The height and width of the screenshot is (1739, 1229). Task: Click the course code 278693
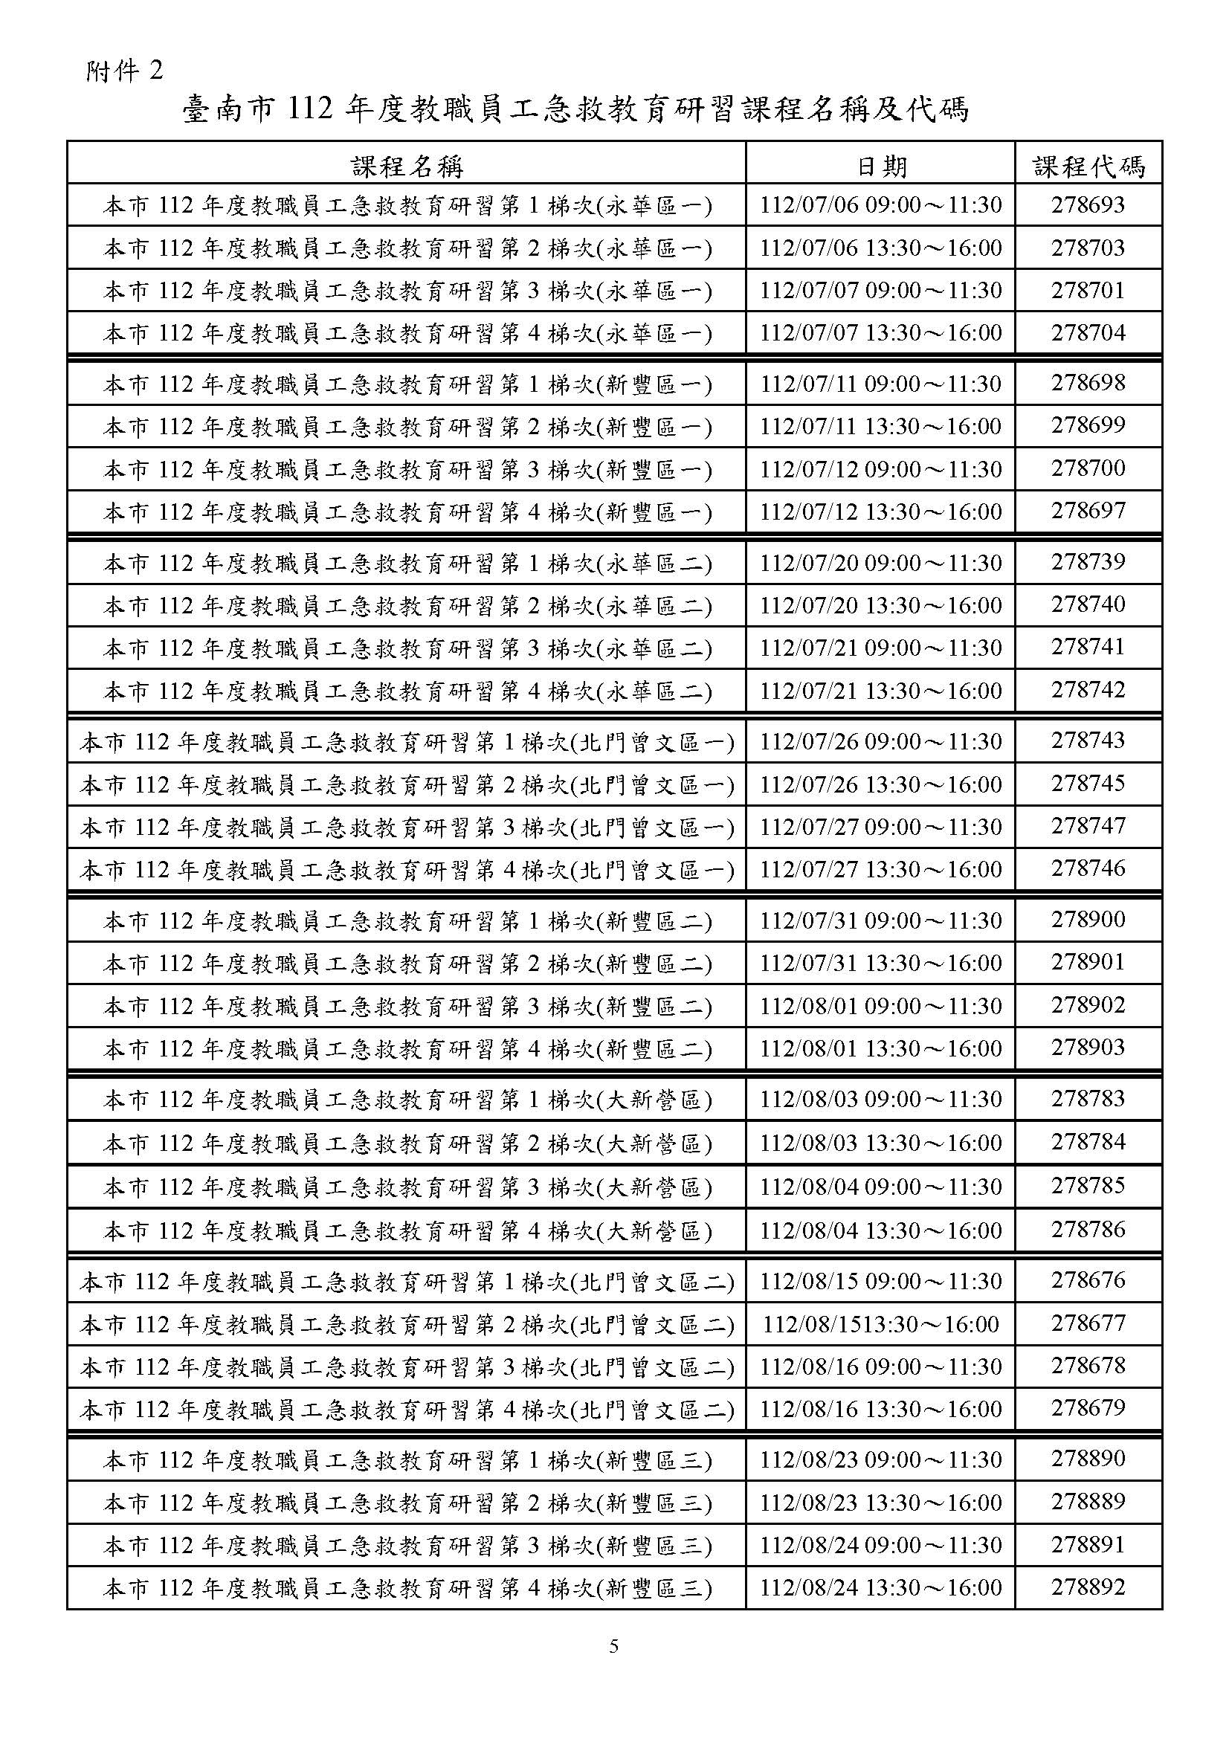pos(1088,204)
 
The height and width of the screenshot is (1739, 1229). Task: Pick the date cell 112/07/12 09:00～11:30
pos(880,470)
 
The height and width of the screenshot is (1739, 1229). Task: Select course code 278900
pos(1088,920)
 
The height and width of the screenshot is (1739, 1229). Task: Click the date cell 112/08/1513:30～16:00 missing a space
pos(880,1324)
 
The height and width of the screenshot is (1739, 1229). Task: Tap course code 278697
pos(1088,512)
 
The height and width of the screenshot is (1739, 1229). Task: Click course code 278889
pos(1088,1501)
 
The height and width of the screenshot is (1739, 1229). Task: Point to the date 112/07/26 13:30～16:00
pos(880,784)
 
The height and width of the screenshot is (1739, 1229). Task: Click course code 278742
pos(1088,690)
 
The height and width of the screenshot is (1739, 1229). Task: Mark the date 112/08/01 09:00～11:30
pos(880,1006)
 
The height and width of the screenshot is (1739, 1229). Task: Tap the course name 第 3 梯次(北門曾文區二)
pos(407,1367)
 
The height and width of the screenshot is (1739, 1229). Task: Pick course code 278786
pos(1088,1229)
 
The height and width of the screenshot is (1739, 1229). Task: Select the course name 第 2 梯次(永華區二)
pos(407,606)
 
